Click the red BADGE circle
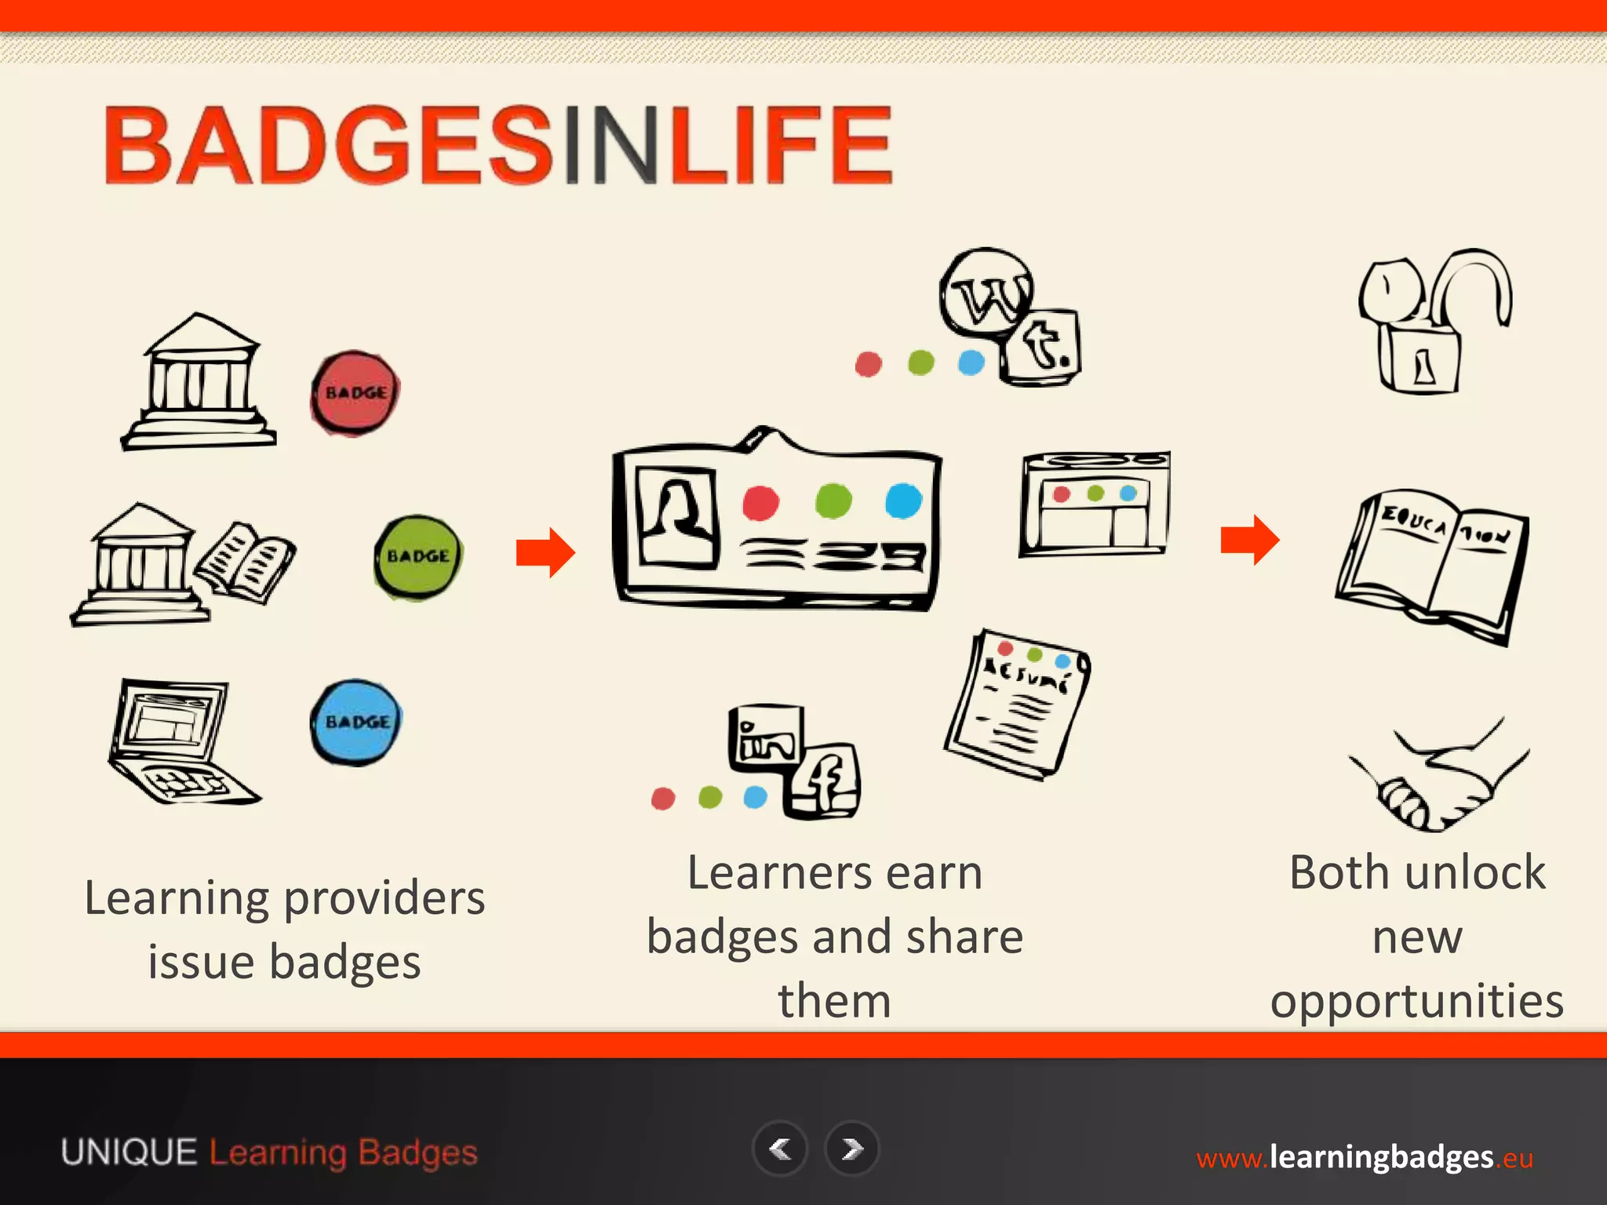click(355, 393)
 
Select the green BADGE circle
click(418, 557)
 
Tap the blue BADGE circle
click(355, 723)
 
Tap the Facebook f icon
click(825, 781)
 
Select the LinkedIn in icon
click(766, 737)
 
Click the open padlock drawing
click(1431, 322)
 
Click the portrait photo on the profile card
click(677, 517)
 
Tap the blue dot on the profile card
click(903, 501)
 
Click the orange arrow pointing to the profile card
click(545, 552)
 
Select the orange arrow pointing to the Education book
click(1250, 540)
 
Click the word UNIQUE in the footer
click(129, 1152)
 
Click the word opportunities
click(1417, 1001)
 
